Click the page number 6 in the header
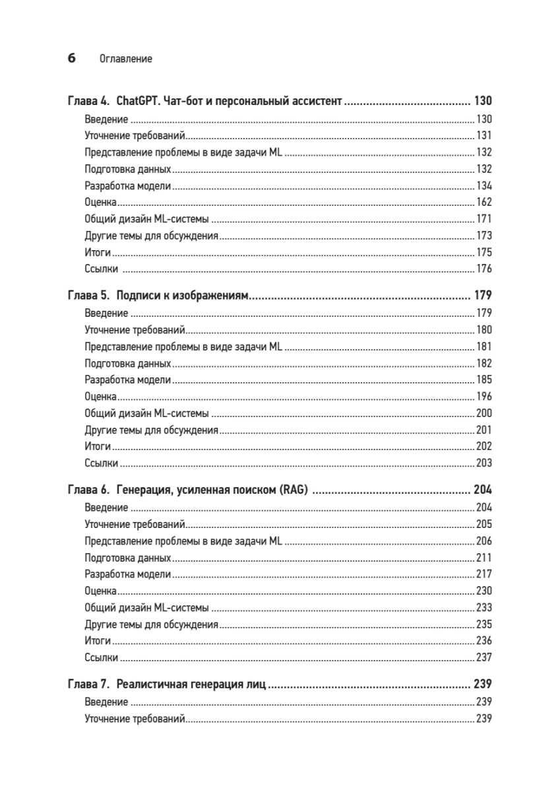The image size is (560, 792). pyautogui.click(x=71, y=58)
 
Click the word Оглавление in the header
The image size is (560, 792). pyautogui.click(x=125, y=59)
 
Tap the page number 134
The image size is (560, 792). pyautogui.click(x=484, y=185)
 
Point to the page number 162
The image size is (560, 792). pyautogui.click(x=484, y=202)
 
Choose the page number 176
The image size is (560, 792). pyautogui.click(x=484, y=268)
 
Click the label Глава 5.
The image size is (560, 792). pyautogui.click(x=90, y=295)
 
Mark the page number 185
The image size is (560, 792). pyautogui.click(x=484, y=379)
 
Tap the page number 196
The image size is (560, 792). pyautogui.click(x=484, y=397)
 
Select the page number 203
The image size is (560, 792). pyautogui.click(x=484, y=463)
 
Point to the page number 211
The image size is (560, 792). pyautogui.click(x=484, y=557)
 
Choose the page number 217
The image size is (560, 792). pyautogui.click(x=484, y=574)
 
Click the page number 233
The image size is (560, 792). pyautogui.click(x=484, y=607)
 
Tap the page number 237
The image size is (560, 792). pyautogui.click(x=484, y=657)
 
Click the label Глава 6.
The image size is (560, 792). pyautogui.click(x=90, y=490)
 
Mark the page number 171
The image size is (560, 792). pyautogui.click(x=484, y=218)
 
